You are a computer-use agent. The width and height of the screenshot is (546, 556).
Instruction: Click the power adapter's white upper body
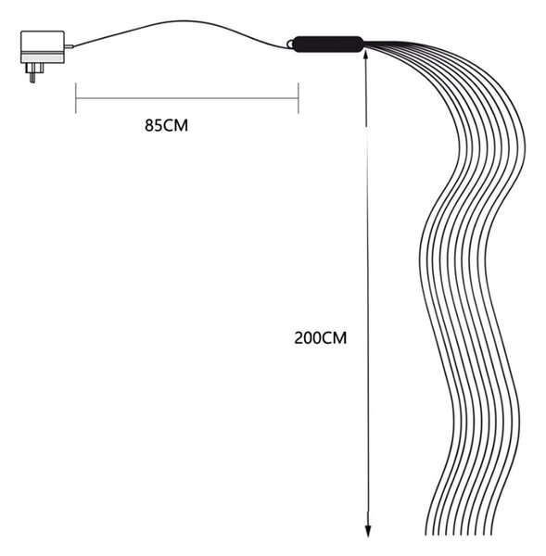pyautogui.click(x=43, y=42)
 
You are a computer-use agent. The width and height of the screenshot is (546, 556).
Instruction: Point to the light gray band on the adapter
pyautogui.click(x=43, y=58)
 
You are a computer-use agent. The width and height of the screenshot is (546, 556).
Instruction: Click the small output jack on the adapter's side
pyautogui.click(x=69, y=46)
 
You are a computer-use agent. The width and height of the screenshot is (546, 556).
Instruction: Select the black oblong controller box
pyautogui.click(x=328, y=44)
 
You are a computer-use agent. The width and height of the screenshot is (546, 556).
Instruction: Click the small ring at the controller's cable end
pyautogui.click(x=290, y=44)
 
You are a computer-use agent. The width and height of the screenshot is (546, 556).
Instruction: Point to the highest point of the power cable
pyautogui.click(x=183, y=20)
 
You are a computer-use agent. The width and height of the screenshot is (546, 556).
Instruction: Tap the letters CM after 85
pyautogui.click(x=176, y=125)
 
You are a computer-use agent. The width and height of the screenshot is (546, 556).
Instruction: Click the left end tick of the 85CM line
pyautogui.click(x=76, y=98)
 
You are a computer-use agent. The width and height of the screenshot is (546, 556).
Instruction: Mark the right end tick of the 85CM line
pyautogui.click(x=298, y=98)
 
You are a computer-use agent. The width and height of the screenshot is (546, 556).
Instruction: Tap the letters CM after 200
pyautogui.click(x=334, y=338)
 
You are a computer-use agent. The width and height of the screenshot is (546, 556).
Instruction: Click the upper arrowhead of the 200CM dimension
pyautogui.click(x=366, y=56)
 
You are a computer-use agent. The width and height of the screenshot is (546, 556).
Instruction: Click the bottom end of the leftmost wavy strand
pyautogui.click(x=425, y=535)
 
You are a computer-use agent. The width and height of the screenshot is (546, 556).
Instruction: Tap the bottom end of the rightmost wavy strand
pyautogui.click(x=491, y=535)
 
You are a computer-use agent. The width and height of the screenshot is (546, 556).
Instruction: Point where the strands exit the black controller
pyautogui.click(x=364, y=44)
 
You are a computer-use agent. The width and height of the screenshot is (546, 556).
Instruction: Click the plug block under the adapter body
pyautogui.click(x=34, y=68)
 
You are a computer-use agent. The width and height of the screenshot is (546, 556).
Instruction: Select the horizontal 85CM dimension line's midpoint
pyautogui.click(x=187, y=98)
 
